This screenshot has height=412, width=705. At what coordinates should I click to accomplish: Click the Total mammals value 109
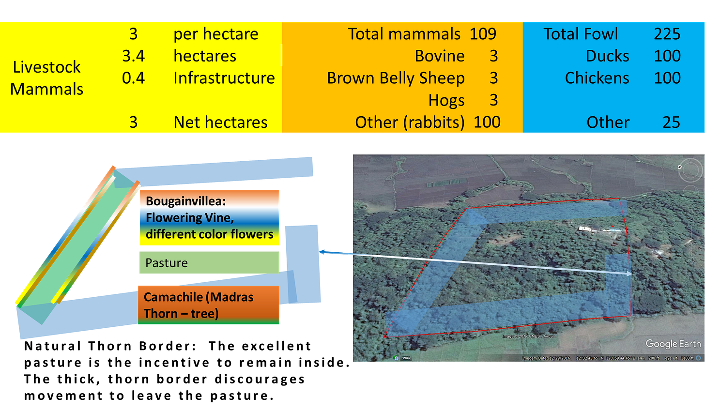tap(483, 34)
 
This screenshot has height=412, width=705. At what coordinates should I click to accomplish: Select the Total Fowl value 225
tap(667, 34)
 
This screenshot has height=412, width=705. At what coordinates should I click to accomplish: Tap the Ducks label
tap(607, 56)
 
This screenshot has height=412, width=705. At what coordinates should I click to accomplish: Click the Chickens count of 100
tap(667, 78)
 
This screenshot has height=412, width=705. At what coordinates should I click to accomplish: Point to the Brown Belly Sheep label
tap(396, 78)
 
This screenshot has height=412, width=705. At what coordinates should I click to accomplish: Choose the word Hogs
tap(446, 100)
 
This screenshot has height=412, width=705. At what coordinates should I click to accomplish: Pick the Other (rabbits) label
tap(410, 122)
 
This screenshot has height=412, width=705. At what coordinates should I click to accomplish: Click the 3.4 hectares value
tap(133, 56)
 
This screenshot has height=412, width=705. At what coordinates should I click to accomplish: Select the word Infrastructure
tap(224, 78)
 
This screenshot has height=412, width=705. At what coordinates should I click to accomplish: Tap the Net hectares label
tap(220, 122)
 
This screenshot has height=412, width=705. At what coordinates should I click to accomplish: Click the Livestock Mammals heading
tap(47, 78)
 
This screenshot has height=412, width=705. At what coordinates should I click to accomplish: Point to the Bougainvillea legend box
tap(210, 218)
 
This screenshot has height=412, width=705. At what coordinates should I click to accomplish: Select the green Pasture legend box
tap(209, 262)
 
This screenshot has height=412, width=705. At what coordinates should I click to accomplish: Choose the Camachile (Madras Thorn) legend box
tap(209, 305)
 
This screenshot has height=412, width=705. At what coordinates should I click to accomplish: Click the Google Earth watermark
tap(673, 344)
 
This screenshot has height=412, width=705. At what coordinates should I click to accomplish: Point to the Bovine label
tap(439, 56)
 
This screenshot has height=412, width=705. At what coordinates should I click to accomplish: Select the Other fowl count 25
tap(671, 122)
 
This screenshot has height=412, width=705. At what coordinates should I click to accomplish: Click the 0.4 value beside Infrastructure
tap(133, 78)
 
